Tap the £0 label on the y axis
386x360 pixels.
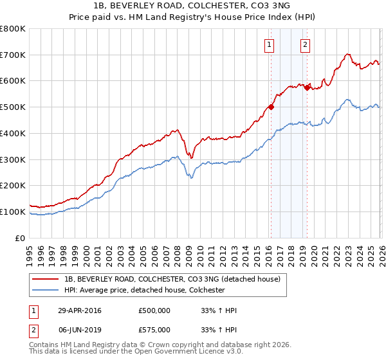point(21,239)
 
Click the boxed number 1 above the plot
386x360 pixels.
point(268,44)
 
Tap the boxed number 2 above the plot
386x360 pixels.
point(304,44)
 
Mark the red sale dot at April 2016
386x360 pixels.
point(271,107)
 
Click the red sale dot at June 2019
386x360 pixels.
point(307,87)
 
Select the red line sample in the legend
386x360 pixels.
point(46,280)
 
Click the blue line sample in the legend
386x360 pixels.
point(46,290)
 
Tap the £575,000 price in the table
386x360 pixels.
point(154,330)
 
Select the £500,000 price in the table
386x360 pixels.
point(154,310)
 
